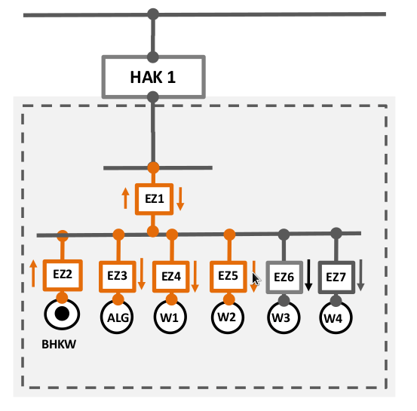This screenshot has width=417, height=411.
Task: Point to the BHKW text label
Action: tap(59, 344)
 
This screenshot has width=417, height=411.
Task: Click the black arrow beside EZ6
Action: tap(308, 275)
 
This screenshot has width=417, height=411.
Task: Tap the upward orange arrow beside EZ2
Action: tap(33, 274)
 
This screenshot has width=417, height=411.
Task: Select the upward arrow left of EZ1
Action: tap(125, 198)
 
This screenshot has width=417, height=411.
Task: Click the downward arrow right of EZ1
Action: tap(180, 199)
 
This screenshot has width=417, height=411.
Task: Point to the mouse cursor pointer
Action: tap(256, 279)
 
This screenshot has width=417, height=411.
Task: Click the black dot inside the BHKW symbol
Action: tap(62, 314)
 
